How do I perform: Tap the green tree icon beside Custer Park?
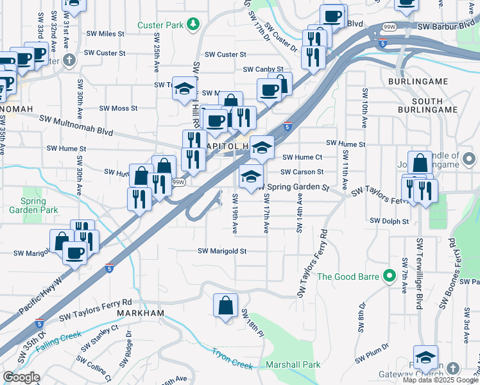click(193, 25)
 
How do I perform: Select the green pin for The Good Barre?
click(388, 277)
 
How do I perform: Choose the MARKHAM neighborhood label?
click(141, 312)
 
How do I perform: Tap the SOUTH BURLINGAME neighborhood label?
click(418, 106)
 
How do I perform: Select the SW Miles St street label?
click(103, 33)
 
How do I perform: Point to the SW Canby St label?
click(263, 69)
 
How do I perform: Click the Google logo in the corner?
click(21, 377)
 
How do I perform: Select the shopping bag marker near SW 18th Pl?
click(226, 305)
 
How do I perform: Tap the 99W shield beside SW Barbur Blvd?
click(389, 27)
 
